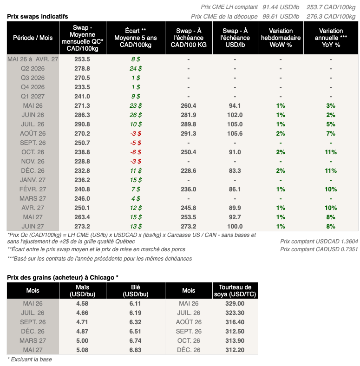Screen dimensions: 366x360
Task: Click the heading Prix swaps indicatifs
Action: (38, 16)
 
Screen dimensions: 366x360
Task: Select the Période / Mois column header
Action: (33, 37)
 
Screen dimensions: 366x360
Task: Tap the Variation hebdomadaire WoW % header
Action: (281, 37)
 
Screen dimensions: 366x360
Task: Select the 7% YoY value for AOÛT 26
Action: (330, 133)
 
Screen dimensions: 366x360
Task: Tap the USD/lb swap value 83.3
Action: (235, 170)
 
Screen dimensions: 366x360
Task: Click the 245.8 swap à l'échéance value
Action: (188, 208)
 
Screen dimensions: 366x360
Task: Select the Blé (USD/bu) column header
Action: (136, 291)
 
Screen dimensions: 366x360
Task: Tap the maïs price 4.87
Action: (82, 331)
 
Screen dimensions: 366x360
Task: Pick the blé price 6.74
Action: (136, 340)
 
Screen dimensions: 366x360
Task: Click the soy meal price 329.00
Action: (235, 303)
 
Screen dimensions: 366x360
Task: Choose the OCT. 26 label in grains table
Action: (189, 340)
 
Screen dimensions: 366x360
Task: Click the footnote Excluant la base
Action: (30, 359)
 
